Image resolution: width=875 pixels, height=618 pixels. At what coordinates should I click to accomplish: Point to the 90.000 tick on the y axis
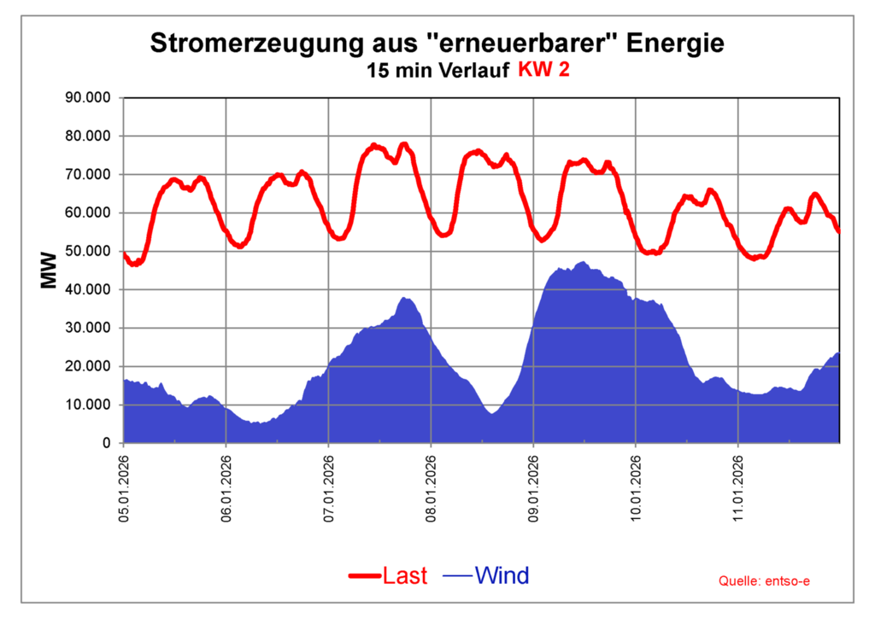[88, 97]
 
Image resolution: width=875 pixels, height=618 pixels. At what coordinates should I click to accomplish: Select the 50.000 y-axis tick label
[88, 251]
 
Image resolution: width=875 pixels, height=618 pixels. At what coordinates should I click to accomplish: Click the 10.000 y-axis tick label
[88, 405]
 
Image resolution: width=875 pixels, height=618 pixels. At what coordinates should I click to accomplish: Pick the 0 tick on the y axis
[106, 443]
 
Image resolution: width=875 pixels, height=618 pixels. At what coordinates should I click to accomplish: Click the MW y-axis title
[49, 270]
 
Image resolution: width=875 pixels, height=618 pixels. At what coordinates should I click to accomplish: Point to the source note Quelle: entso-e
[764, 581]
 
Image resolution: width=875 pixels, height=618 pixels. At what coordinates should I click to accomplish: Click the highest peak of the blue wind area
[583, 263]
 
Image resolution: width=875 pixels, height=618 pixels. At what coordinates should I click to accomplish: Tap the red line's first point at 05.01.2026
[125, 254]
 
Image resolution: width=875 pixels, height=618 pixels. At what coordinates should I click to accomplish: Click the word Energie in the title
[675, 44]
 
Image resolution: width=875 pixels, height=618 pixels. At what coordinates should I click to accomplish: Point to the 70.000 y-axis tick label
[88, 174]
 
